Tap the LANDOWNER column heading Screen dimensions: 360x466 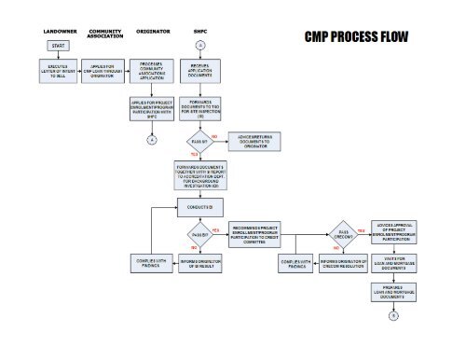tap(60, 31)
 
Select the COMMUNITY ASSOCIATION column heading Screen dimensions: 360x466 tap(104, 34)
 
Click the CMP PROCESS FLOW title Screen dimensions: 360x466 tap(356, 39)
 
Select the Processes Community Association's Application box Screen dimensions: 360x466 tap(151, 72)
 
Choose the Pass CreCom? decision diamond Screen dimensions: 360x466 tap(344, 233)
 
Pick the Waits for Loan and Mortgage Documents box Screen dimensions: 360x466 tap(392, 263)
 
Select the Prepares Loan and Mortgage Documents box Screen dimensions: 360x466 tap(392, 293)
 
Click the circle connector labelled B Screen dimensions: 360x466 tap(392, 317)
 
